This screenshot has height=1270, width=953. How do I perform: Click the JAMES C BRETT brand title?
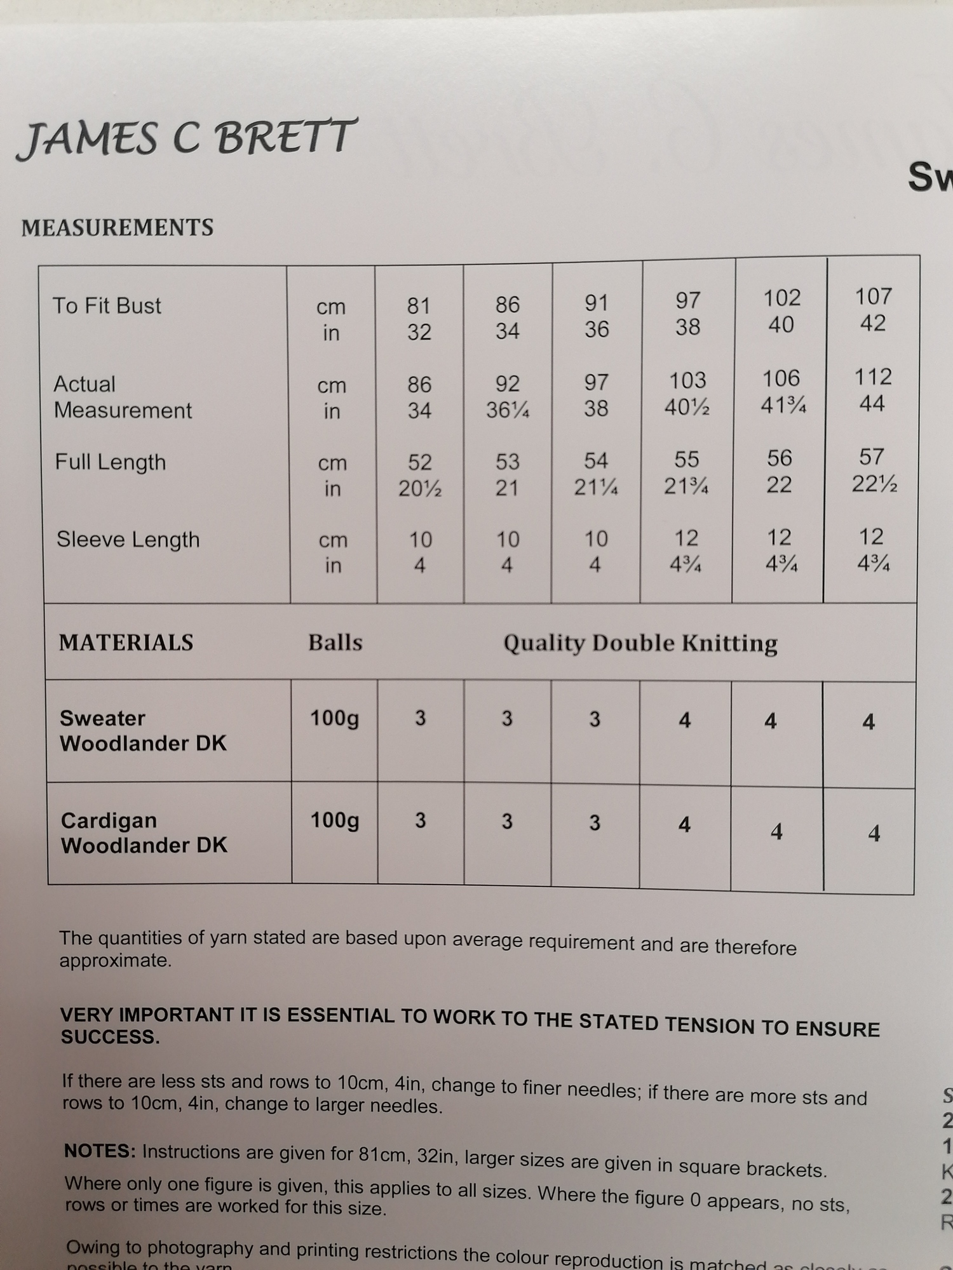click(186, 138)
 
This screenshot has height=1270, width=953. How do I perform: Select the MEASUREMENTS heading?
click(118, 228)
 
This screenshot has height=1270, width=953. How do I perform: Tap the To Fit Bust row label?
click(107, 306)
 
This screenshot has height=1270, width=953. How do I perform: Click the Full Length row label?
click(111, 462)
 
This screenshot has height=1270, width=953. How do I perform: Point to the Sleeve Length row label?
click(128, 540)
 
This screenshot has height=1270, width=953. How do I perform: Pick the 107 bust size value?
click(874, 297)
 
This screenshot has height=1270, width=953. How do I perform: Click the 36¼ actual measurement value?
click(508, 410)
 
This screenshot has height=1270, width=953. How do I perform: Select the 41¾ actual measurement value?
click(783, 404)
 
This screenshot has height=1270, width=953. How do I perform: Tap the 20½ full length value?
click(419, 488)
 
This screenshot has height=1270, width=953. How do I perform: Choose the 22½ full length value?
click(874, 484)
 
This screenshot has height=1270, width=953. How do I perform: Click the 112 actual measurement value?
click(873, 377)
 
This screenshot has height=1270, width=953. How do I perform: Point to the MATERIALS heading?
click(126, 643)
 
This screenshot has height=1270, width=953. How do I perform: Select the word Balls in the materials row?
click(335, 643)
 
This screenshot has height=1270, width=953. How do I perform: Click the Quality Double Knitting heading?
click(640, 643)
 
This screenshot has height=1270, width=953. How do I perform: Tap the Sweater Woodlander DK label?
click(143, 731)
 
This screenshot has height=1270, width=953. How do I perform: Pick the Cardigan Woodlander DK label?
click(144, 832)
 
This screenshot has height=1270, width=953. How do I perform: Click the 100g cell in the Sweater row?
click(334, 718)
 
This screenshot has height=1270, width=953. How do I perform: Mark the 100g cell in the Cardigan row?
click(335, 820)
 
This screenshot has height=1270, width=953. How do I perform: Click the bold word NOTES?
click(100, 1151)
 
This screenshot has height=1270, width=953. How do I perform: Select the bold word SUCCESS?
click(110, 1037)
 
